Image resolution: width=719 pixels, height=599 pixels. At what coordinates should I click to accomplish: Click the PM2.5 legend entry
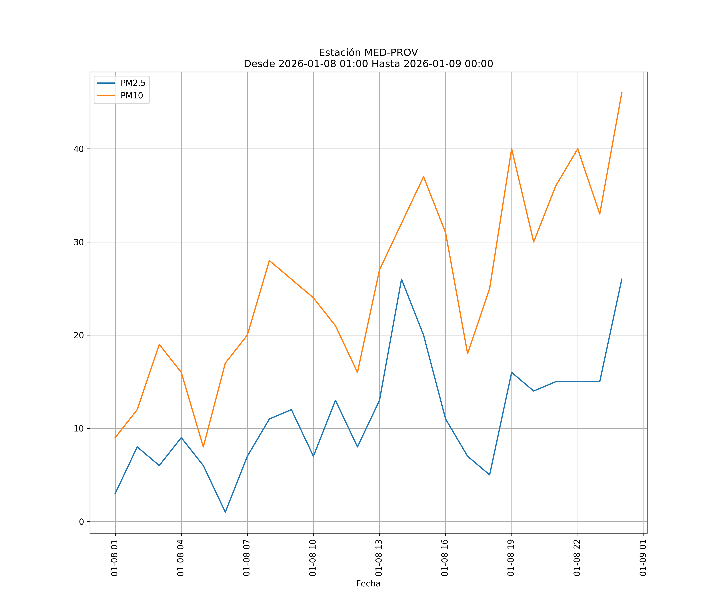(x=133, y=83)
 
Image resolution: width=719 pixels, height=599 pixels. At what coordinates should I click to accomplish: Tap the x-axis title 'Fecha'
(x=368, y=584)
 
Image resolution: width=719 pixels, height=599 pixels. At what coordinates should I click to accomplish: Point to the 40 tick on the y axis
(x=79, y=149)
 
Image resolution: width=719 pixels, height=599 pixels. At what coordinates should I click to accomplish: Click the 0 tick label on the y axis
(x=81, y=522)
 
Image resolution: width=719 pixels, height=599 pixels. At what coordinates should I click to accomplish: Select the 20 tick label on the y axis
(x=79, y=335)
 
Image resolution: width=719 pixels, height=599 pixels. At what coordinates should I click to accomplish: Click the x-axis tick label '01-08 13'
(x=379, y=558)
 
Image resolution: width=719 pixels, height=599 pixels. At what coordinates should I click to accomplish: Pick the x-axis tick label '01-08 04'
(x=180, y=558)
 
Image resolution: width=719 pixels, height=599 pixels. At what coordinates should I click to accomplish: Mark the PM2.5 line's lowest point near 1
(x=225, y=512)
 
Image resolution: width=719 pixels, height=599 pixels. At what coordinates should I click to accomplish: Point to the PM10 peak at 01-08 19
(x=511, y=149)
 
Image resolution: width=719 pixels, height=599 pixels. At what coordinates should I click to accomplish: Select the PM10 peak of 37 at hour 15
(x=424, y=177)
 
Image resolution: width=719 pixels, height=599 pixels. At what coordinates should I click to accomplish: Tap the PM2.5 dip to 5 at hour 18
(x=490, y=475)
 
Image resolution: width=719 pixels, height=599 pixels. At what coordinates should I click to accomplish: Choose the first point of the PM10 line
(x=115, y=437)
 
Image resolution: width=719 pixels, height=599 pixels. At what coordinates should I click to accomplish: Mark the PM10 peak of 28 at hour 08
(x=269, y=261)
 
